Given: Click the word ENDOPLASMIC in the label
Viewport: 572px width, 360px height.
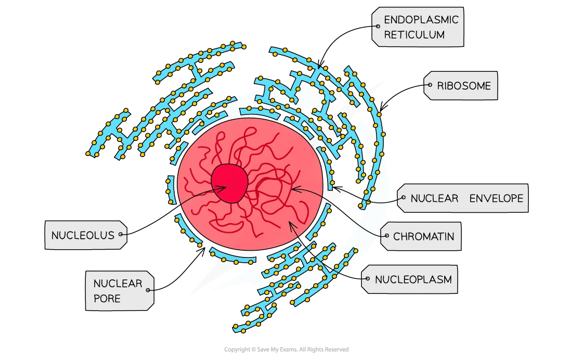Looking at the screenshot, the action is (x=421, y=19).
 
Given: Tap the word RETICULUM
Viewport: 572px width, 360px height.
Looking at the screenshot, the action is (x=414, y=35).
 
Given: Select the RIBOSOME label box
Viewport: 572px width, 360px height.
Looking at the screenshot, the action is (x=460, y=85).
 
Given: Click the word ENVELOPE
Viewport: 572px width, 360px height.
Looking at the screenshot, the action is (x=496, y=198).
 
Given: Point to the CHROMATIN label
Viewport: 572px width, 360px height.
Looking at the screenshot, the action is (x=421, y=236).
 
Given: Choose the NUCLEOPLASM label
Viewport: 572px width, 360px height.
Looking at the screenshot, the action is (x=409, y=279).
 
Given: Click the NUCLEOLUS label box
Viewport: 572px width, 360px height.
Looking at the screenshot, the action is (x=86, y=235).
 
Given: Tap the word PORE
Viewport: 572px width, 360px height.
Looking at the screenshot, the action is (x=107, y=299).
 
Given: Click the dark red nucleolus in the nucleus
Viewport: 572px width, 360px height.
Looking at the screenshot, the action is (x=229, y=183).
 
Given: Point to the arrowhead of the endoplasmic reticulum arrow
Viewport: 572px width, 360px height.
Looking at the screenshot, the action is (x=319, y=68).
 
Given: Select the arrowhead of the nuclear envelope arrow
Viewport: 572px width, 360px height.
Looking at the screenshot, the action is (x=333, y=187).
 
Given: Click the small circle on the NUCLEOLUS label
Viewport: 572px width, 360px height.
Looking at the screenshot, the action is (x=121, y=235).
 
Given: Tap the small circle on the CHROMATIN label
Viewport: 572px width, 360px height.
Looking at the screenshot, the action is (x=387, y=236).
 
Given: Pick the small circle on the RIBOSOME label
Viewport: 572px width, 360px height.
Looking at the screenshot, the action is (x=430, y=85).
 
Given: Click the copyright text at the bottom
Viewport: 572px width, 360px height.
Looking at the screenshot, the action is (x=287, y=350).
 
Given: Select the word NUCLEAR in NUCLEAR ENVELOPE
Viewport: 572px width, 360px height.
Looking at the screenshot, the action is (x=434, y=198).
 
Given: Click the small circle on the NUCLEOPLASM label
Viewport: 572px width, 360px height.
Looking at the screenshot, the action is (x=368, y=279).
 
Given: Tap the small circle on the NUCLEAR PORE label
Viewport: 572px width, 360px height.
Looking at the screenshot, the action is (x=148, y=290).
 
